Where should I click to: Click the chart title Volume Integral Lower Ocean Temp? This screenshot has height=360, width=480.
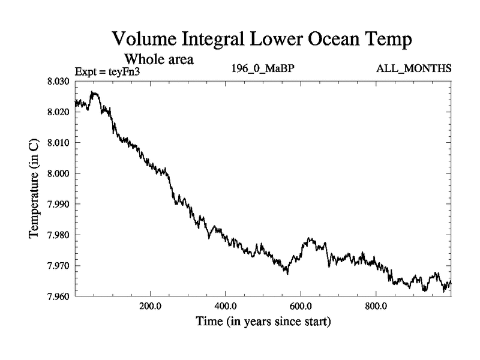(x=263, y=40)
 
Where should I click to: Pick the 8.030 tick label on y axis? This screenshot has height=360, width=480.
(x=59, y=81)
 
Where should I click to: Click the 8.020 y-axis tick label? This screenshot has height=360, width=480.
(x=59, y=112)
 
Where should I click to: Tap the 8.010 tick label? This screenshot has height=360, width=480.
(x=59, y=143)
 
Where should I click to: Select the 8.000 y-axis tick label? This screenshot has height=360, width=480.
(x=59, y=173)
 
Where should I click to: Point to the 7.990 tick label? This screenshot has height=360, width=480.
(x=59, y=204)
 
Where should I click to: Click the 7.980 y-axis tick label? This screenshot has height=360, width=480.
(x=59, y=235)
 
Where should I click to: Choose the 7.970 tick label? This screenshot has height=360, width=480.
(x=59, y=266)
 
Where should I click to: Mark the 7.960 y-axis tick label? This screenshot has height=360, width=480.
(x=59, y=296)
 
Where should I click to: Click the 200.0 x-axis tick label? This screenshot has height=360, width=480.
(x=150, y=307)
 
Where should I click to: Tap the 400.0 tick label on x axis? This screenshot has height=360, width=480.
(x=226, y=307)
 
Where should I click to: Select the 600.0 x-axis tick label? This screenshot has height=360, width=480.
(x=301, y=307)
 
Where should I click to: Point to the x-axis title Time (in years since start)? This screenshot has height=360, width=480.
(x=263, y=322)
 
